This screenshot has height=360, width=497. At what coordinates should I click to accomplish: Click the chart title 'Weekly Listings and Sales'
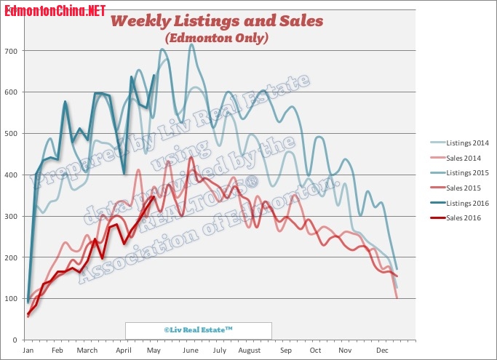coord(216,20)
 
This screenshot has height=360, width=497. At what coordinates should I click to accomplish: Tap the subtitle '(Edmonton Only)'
coord(216,37)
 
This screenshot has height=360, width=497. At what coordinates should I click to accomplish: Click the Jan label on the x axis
coord(28,351)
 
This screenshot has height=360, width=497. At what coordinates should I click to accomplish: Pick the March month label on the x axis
coord(87,351)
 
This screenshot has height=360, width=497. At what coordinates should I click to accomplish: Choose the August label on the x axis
coord(249,351)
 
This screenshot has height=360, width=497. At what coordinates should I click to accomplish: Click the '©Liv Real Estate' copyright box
coord(198,330)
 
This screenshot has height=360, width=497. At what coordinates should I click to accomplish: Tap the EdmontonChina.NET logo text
coord(53,10)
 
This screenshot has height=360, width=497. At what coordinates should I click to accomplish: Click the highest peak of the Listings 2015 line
coord(191,45)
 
